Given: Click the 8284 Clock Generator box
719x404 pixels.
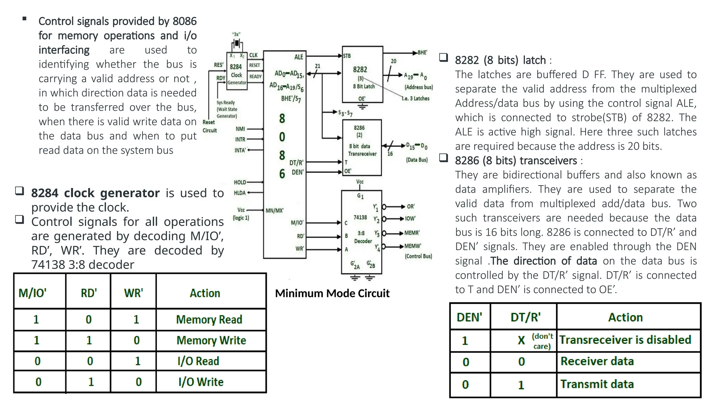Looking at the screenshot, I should (237, 74).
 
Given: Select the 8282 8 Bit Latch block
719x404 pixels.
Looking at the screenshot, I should (362, 74).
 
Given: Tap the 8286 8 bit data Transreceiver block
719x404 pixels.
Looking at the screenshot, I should (362, 148).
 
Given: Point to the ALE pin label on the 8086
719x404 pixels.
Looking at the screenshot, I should (298, 57).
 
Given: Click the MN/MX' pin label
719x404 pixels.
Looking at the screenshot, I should (275, 210).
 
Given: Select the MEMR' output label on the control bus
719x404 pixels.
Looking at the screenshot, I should (412, 233).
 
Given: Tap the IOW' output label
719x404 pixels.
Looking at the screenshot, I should (410, 218).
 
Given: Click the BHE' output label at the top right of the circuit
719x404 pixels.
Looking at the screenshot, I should (422, 53).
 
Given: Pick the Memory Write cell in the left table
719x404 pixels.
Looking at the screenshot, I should (211, 341).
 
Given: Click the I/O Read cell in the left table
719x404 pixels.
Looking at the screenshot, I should (198, 361).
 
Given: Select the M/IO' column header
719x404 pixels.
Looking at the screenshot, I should (33, 293).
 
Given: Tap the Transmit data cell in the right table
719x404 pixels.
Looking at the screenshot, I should (597, 384).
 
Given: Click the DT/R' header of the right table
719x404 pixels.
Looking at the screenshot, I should (525, 317).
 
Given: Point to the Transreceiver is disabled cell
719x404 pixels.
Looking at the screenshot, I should (625, 340).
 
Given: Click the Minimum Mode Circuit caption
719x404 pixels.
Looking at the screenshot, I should (332, 293).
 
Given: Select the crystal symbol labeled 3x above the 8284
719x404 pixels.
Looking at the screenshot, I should (237, 43).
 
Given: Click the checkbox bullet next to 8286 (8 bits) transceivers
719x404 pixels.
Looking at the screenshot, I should (444, 158).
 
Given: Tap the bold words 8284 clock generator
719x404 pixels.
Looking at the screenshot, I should (95, 193).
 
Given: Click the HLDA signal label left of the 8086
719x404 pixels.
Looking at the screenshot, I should (240, 193).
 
